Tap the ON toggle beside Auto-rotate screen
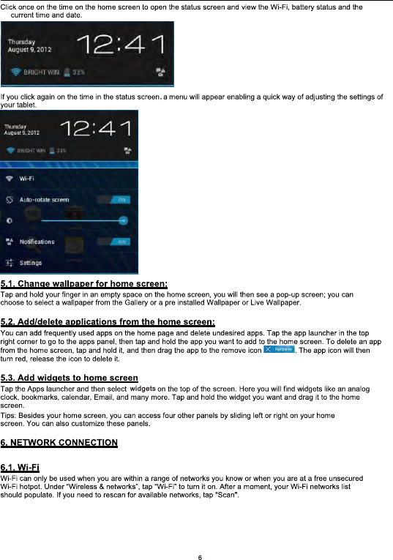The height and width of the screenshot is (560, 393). click(119, 198)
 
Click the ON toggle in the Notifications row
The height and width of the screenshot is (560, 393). click(119, 241)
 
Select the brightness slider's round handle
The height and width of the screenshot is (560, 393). click(123, 220)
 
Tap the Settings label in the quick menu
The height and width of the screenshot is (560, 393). click(31, 262)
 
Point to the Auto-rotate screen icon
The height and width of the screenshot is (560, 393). click(10, 199)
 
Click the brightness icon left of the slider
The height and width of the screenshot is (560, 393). click(10, 220)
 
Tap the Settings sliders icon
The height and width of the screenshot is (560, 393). click(10, 262)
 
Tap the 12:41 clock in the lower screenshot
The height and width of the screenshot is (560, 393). click(97, 130)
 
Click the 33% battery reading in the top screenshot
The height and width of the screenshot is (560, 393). click(78, 72)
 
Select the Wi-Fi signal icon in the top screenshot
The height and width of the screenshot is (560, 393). click(14, 72)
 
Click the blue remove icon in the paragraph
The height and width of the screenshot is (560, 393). click(278, 351)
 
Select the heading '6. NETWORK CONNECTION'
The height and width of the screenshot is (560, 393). click(59, 443)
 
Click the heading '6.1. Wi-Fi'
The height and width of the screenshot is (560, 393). click(20, 467)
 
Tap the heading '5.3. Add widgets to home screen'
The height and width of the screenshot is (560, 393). click(70, 378)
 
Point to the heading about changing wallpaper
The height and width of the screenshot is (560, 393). click(85, 283)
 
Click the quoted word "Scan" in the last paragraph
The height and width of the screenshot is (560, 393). click(222, 495)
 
